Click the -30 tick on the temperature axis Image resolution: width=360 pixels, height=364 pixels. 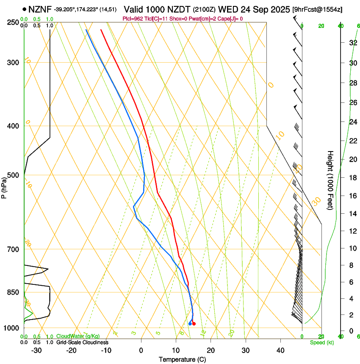pos(36,350)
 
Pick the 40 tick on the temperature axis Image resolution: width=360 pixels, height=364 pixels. pos(280,350)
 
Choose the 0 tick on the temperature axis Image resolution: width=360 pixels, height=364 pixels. pos(141,350)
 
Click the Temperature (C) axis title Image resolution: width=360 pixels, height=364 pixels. pos(183,359)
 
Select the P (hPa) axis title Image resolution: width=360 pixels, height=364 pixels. pos(4,187)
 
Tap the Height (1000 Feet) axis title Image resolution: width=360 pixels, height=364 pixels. pos(331,180)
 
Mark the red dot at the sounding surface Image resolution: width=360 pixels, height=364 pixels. pos(194,324)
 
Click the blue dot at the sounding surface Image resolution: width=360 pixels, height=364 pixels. pos(190,324)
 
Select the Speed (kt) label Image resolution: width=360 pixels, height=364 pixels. pos(321,342)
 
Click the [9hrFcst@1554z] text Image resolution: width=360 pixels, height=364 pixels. pos(318,9)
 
